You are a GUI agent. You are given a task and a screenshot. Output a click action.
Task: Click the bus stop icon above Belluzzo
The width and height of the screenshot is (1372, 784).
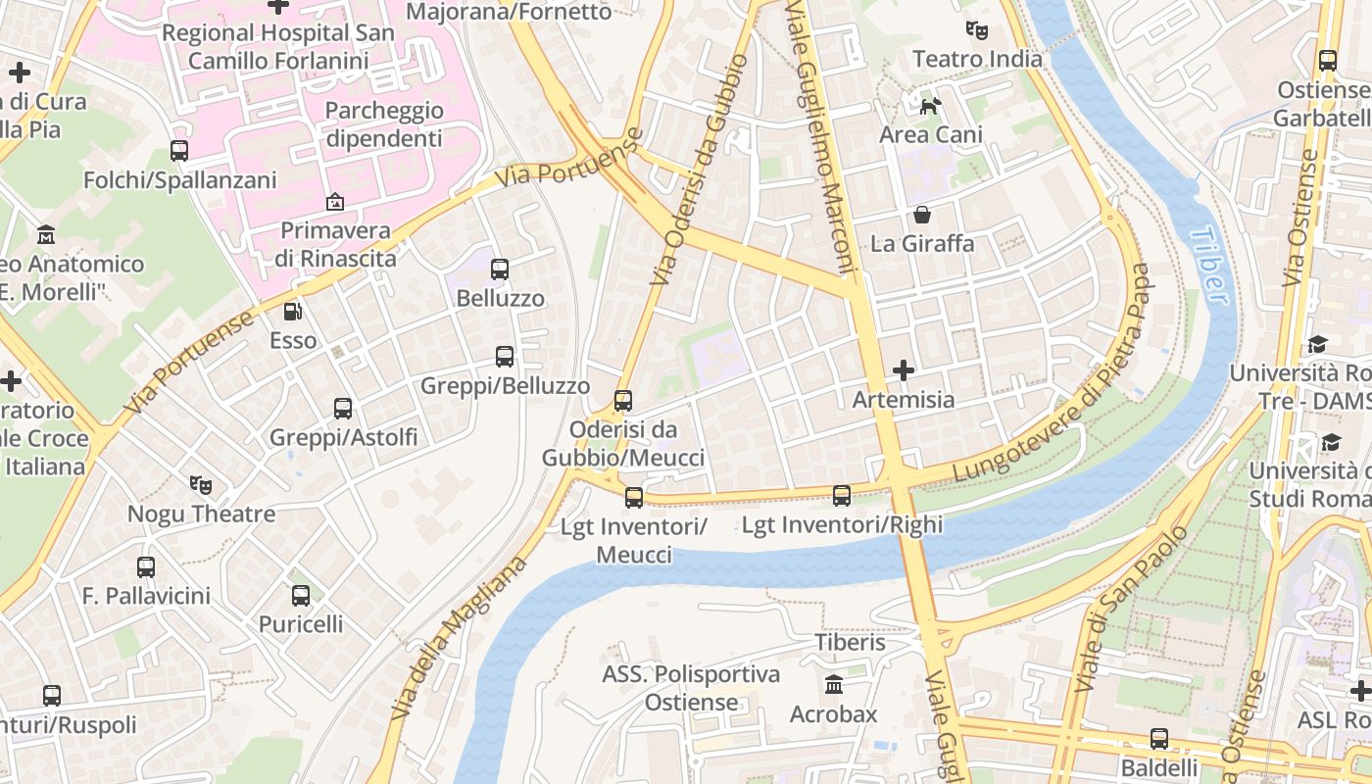(500, 269)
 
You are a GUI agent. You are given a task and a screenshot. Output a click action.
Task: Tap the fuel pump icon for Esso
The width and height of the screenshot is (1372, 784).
(293, 312)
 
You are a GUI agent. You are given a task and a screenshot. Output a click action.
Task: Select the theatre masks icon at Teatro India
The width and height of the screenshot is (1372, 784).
(976, 30)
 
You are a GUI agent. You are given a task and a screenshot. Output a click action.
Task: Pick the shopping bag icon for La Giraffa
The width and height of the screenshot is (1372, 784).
(922, 214)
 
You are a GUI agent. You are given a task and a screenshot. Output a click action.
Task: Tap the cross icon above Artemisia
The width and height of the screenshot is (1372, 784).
(904, 370)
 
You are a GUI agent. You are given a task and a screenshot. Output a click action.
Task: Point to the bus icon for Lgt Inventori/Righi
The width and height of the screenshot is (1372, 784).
(842, 496)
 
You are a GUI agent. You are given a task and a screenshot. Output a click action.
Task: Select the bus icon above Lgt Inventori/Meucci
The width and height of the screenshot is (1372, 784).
(634, 498)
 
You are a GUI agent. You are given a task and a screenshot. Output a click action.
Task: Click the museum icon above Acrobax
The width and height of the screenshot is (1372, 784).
(834, 684)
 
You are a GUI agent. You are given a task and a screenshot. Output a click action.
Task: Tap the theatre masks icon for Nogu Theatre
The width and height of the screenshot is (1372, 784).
(201, 484)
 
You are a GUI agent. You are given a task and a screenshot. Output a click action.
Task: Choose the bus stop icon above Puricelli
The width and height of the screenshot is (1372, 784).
(301, 595)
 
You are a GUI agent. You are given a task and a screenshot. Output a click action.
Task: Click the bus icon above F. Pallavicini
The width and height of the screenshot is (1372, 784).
(146, 566)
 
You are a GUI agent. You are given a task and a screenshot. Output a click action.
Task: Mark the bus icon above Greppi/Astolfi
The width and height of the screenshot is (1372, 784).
(343, 408)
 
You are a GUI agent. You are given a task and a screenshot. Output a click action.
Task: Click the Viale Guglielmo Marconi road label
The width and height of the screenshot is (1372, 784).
(821, 137)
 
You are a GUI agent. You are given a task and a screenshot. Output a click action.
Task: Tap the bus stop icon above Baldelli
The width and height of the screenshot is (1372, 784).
(1159, 738)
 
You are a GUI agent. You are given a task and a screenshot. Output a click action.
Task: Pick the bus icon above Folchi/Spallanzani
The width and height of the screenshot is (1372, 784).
(179, 151)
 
